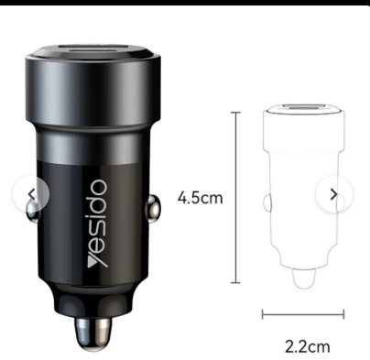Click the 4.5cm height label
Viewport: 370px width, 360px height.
[x=201, y=198]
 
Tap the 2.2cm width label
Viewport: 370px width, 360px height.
[x=308, y=346]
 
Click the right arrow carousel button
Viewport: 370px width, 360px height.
[x=334, y=194]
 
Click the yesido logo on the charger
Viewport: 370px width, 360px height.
[x=97, y=224]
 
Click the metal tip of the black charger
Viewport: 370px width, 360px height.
[x=92, y=333]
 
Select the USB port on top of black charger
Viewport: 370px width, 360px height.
[x=92, y=49]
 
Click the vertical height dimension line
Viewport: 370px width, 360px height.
[x=235, y=198]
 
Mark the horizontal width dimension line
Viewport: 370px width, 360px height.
[x=303, y=314]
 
